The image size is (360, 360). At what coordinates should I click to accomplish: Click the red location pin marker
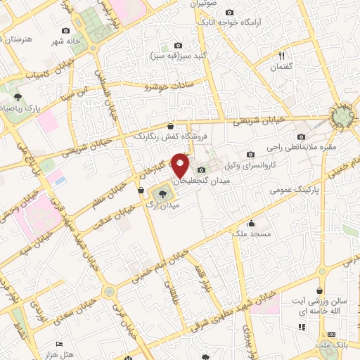click(181, 166)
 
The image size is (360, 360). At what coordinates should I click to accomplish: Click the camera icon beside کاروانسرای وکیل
click(250, 155)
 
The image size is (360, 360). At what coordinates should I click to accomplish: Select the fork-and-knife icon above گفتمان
click(282, 56)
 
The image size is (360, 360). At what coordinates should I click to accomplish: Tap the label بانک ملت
click(332, 345)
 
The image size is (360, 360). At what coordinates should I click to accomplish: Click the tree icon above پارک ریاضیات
click(18, 98)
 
